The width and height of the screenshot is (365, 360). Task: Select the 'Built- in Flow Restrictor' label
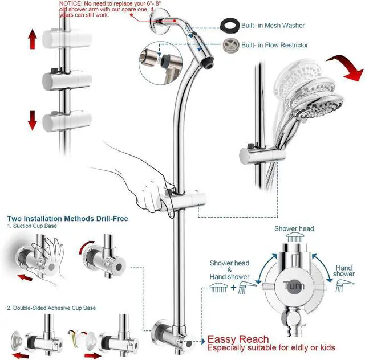tap(275, 45)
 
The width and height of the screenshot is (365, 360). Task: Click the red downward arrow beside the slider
tap(33, 120)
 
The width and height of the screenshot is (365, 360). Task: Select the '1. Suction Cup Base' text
tap(33, 227)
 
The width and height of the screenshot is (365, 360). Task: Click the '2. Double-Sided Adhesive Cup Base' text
tap(51, 308)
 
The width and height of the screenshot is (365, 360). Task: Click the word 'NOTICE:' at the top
tap(71, 3)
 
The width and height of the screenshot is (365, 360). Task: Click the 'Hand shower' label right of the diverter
tap(344, 270)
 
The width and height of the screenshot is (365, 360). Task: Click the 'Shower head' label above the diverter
tap(294, 228)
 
